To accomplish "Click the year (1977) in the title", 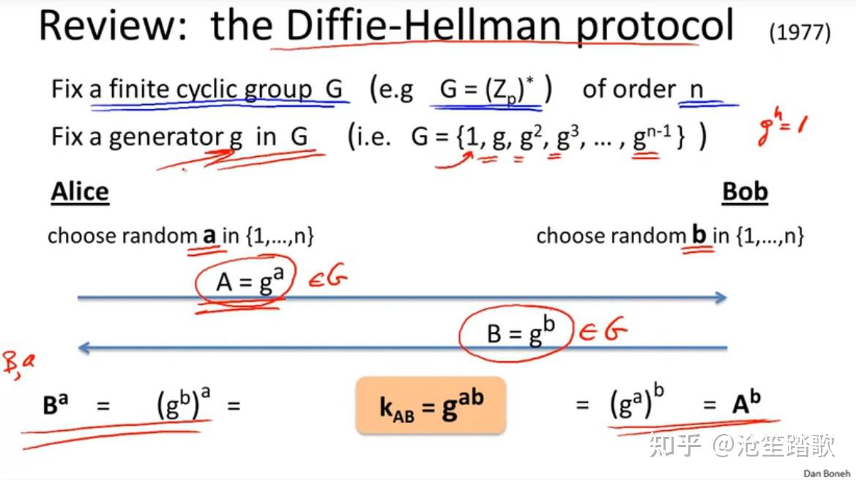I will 800,33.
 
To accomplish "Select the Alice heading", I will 80,192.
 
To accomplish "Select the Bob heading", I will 745,192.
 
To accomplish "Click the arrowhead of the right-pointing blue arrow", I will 721,297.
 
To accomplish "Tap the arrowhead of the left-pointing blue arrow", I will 83,348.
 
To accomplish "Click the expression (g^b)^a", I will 183,405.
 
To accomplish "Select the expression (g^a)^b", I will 637,403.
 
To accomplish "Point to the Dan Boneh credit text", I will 827,473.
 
